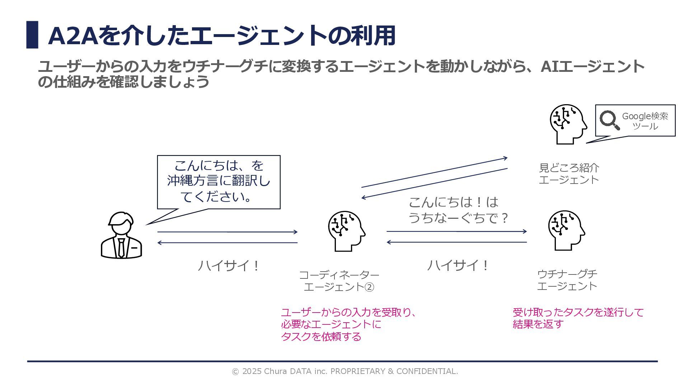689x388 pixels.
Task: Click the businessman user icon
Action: tap(121, 235)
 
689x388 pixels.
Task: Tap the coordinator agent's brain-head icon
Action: tap(346, 231)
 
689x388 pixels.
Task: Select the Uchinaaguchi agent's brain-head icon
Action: tap(566, 230)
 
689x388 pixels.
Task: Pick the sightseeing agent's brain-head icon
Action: tap(568, 124)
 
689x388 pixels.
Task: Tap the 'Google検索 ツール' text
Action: tap(645, 121)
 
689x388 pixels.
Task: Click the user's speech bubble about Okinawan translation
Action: tap(219, 181)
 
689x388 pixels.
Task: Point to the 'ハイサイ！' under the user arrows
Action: tap(228, 266)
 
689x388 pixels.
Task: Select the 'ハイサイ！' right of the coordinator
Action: tap(458, 265)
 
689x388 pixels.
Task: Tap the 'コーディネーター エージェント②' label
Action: tap(339, 281)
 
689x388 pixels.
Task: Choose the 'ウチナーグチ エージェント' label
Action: tap(567, 280)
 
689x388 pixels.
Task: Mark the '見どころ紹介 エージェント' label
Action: tap(569, 174)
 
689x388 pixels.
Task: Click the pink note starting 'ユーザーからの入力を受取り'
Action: tap(348, 324)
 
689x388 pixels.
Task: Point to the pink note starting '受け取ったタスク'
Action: tap(578, 318)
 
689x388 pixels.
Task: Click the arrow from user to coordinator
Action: tap(227, 232)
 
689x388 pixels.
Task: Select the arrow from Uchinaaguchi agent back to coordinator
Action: tap(456, 242)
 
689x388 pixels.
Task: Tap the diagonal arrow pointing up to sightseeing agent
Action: tap(434, 172)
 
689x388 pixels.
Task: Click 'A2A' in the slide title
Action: tap(73, 36)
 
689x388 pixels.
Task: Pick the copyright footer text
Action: tap(345, 371)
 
